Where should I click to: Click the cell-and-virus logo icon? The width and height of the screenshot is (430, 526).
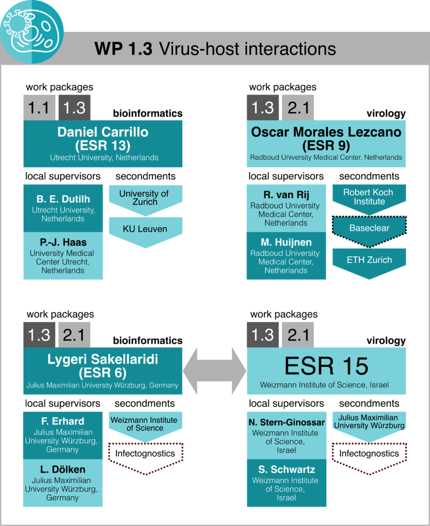coord(31,31)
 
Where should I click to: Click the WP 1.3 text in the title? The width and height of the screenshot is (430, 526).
coord(123,49)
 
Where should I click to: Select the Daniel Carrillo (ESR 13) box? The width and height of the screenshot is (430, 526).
coord(103,144)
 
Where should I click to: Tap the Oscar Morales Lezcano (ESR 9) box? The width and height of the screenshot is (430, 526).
coord(326,144)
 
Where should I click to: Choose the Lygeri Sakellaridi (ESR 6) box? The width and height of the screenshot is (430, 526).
coord(103,371)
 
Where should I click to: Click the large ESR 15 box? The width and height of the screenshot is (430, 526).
coord(326,371)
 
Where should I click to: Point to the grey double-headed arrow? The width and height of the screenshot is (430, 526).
coord(214,371)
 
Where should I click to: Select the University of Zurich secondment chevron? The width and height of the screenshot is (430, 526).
coord(145,200)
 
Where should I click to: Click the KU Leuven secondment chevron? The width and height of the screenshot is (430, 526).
coord(145,232)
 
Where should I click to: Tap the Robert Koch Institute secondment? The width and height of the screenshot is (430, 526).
coord(369,199)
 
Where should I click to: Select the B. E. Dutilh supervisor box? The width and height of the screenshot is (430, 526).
coord(63,209)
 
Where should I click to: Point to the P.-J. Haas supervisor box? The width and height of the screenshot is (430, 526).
coord(63,256)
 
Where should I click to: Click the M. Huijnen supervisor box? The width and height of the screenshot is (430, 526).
coord(286,256)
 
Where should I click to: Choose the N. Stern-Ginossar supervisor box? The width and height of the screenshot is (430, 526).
coord(286,436)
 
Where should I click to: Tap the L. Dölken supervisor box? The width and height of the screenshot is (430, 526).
coord(63,483)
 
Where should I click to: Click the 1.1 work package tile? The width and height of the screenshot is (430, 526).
coord(39,108)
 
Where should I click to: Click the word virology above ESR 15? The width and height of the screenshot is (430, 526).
coord(386,341)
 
